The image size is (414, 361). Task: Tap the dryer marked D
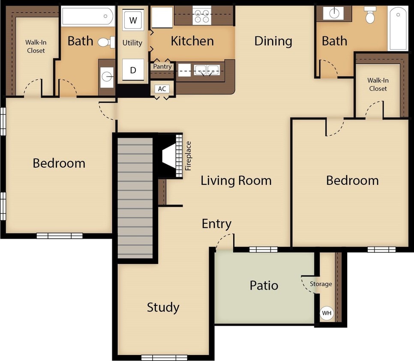[133, 70]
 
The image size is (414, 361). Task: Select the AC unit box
[162, 89]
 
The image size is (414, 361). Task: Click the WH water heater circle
[327, 313]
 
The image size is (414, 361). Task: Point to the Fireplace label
[189, 156]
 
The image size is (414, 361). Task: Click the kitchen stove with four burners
[201, 16]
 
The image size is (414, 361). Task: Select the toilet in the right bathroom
[370, 16]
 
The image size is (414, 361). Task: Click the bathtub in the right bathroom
[398, 28]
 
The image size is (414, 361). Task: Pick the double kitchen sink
[207, 69]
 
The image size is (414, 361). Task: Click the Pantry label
[162, 67]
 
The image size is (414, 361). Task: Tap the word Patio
[264, 285]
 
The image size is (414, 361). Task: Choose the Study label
[163, 307]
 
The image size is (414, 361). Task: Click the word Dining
[273, 41]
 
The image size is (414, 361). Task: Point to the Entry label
[216, 224]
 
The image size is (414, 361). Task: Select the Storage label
[321, 284]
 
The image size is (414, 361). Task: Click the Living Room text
[236, 180]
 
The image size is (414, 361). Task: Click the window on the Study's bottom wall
[164, 358]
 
